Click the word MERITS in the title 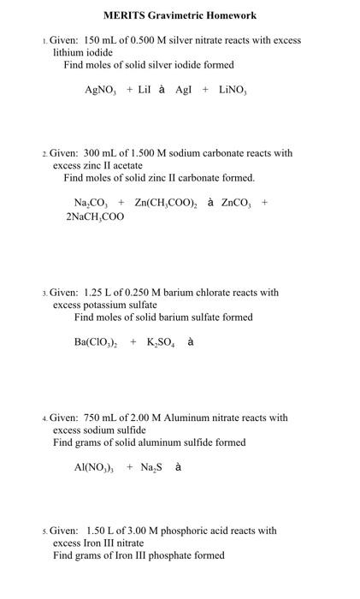pyautogui.click(x=123, y=15)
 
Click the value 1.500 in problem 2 pyautogui.click(x=143, y=153)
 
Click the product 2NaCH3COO pyautogui.click(x=94, y=217)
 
